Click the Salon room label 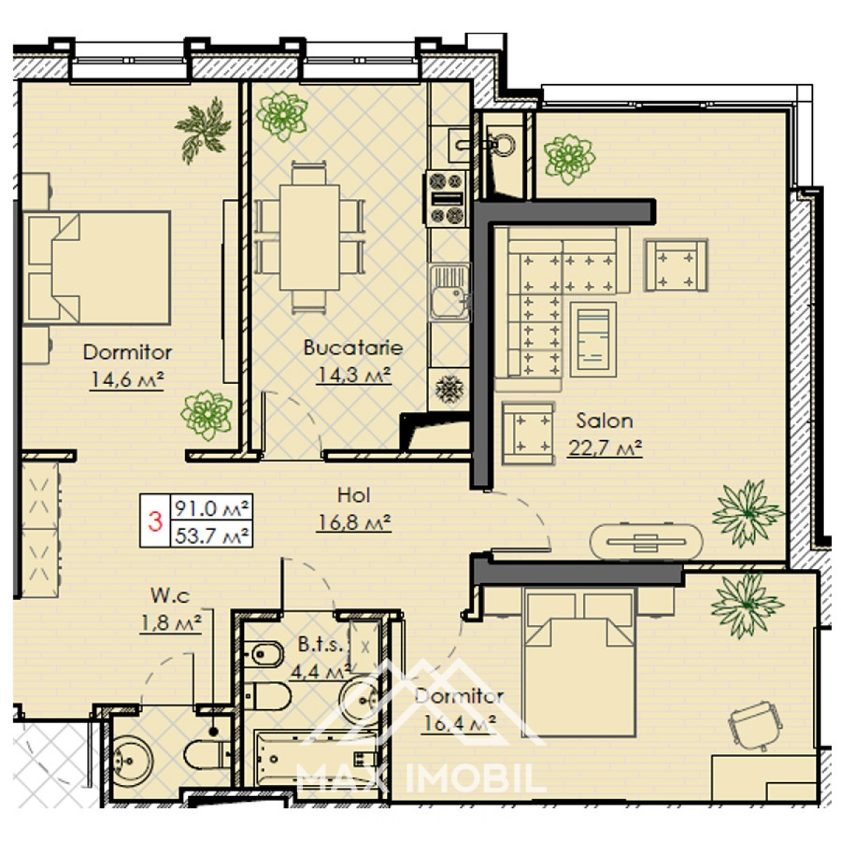[x=604, y=420]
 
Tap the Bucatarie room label [x=353, y=348]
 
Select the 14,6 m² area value [x=127, y=380]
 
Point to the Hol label [x=353, y=495]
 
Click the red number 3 [x=155, y=521]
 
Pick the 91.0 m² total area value [x=212, y=507]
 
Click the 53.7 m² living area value [x=212, y=535]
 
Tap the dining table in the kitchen [x=310, y=238]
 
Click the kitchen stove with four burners [x=445, y=198]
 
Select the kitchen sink [x=449, y=292]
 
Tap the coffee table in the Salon [x=593, y=339]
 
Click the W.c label [x=170, y=596]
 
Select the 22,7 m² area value [x=605, y=447]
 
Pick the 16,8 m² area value [x=353, y=522]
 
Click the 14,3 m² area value [x=353, y=374]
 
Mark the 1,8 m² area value [x=170, y=622]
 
